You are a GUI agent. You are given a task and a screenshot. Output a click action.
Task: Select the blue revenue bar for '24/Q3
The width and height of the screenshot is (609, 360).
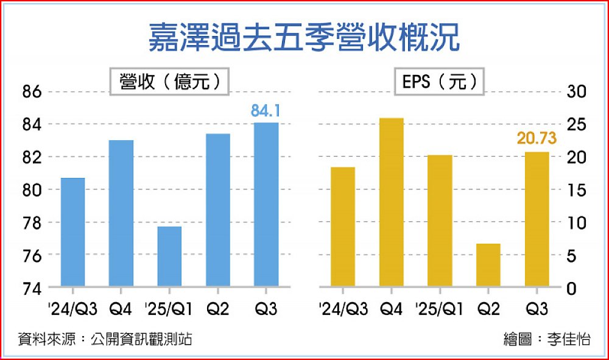coord(72,231)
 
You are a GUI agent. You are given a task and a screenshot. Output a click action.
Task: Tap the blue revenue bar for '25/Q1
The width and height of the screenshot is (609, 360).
coord(169,256)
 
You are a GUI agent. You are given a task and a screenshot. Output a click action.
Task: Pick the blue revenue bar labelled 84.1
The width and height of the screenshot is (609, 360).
coord(266,204)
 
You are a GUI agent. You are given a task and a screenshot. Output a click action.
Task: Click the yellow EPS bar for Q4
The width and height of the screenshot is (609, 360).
coord(392,202)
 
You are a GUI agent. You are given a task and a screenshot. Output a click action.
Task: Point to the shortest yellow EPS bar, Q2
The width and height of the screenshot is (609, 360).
coord(488,265)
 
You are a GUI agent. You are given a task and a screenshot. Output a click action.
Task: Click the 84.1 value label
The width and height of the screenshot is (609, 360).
coord(266,111)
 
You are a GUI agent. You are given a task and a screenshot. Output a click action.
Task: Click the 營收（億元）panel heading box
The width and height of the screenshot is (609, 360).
coord(169,81)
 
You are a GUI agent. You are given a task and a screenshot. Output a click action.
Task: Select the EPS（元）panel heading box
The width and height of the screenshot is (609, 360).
coord(439,81)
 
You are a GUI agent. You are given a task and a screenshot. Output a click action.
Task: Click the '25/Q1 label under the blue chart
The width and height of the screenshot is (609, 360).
coord(170,309)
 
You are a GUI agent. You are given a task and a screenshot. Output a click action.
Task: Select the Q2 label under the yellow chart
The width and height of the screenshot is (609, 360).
coord(488,309)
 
